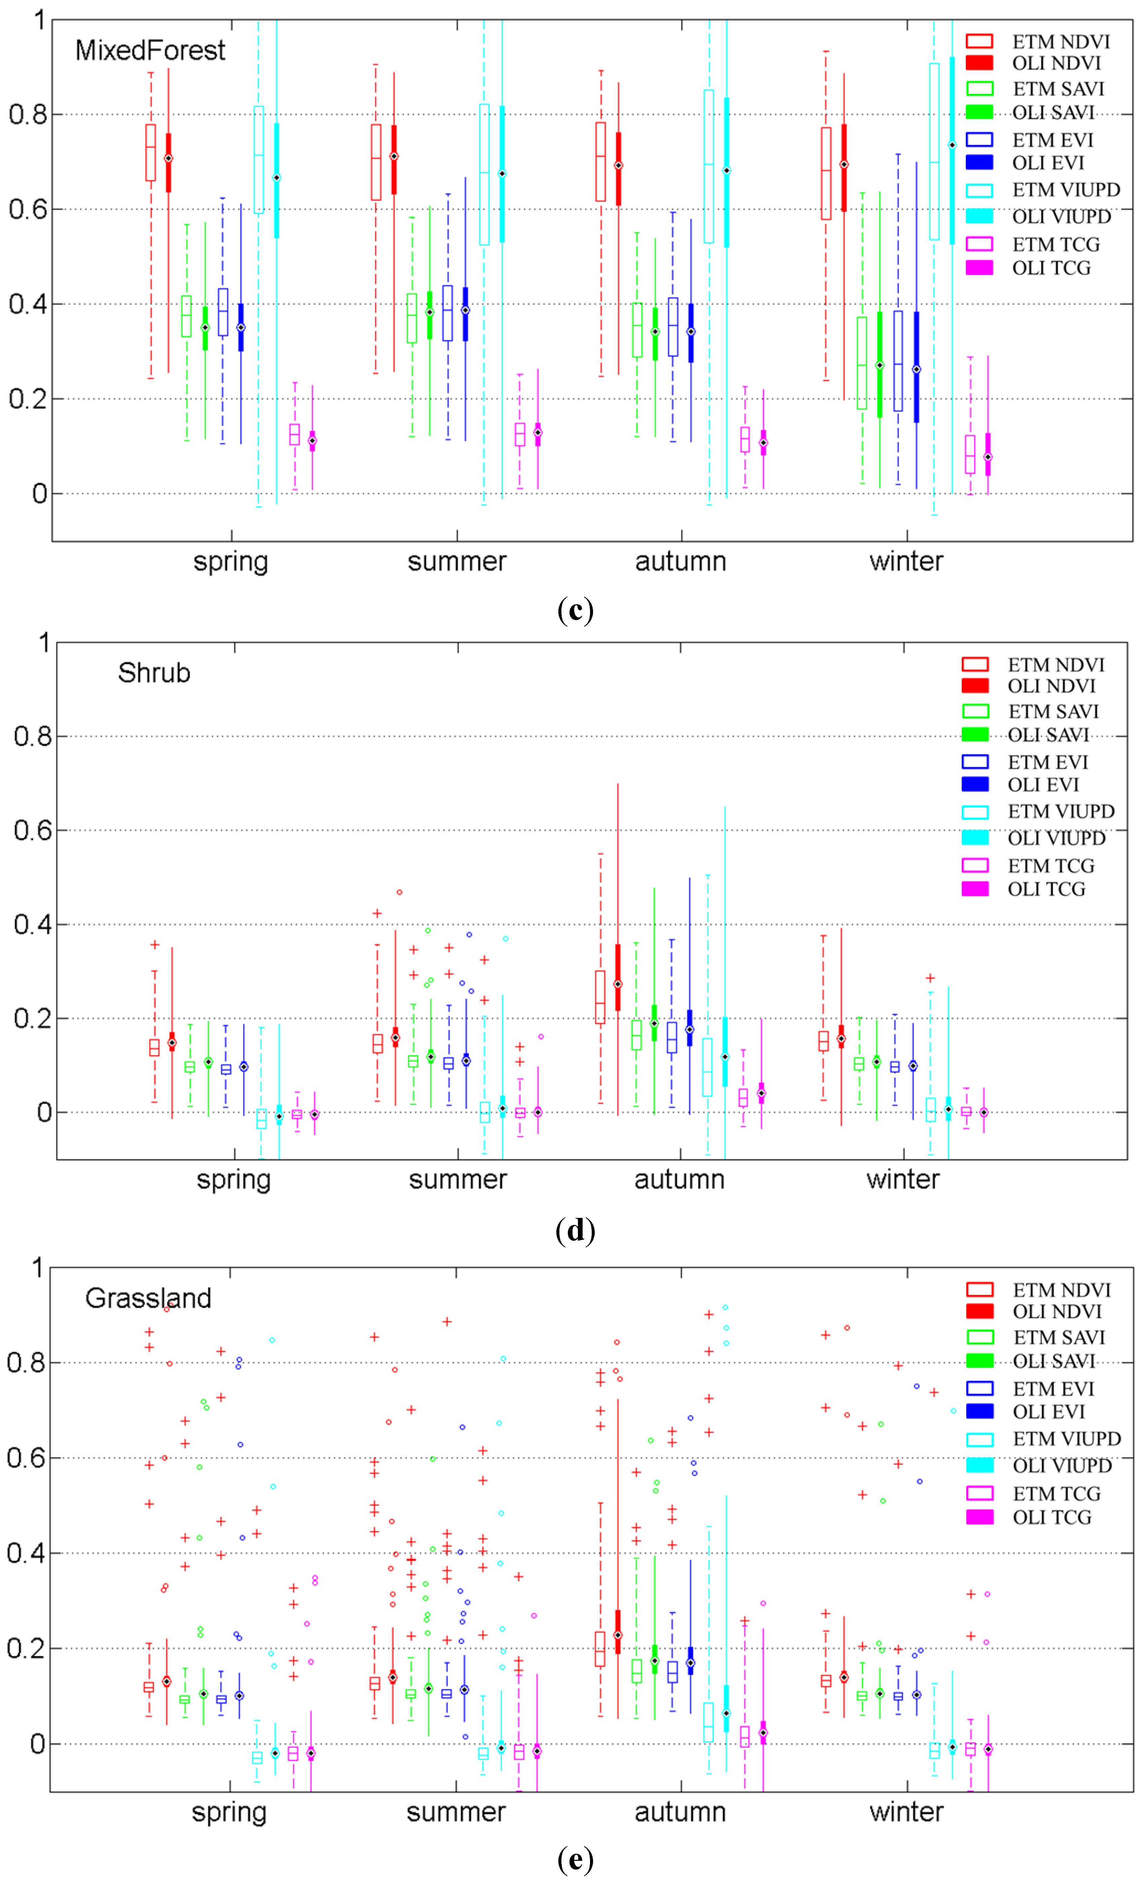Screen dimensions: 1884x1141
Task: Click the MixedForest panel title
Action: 150,50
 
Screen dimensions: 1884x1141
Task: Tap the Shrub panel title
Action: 154,673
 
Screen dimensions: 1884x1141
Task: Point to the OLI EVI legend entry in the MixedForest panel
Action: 1025,163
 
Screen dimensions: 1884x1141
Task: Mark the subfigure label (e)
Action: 575,1858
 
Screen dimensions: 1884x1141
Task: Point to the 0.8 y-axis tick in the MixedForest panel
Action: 28,115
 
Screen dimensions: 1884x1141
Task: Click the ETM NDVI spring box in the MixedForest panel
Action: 151,153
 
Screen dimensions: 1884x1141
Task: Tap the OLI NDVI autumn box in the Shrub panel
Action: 618,977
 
